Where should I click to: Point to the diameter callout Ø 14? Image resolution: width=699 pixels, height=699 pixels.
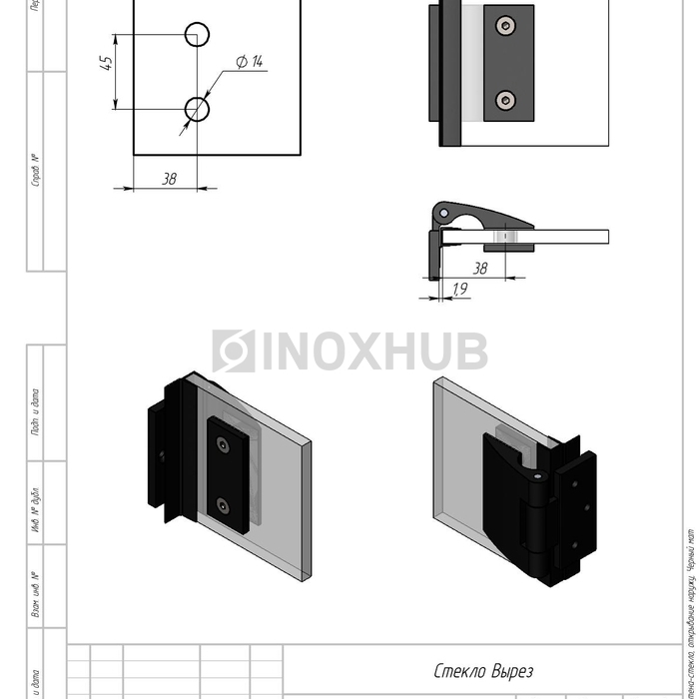(x=249, y=62)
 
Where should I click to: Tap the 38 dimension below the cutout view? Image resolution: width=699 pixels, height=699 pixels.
(x=169, y=178)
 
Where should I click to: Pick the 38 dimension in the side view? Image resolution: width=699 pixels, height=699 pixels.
(x=479, y=268)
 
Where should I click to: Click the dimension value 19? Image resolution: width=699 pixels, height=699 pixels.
(x=459, y=289)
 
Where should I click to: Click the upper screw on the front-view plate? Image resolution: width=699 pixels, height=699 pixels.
(x=507, y=25)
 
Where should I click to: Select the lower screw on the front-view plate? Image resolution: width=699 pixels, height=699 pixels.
(x=507, y=99)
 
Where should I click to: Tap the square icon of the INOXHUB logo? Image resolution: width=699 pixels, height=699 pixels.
(x=233, y=351)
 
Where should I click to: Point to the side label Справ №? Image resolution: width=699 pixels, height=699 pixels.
(x=35, y=171)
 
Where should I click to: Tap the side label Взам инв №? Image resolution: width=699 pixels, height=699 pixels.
(x=35, y=594)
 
